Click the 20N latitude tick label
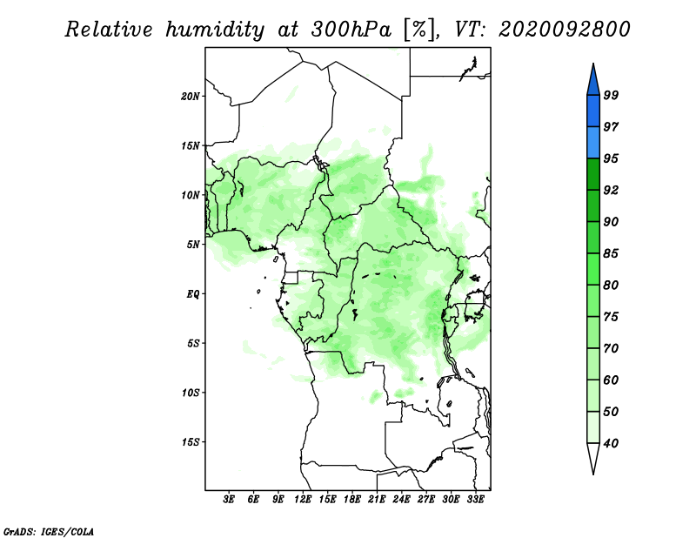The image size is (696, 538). (x=191, y=97)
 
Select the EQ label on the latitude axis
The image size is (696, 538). (x=192, y=294)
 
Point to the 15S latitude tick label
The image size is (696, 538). (x=191, y=442)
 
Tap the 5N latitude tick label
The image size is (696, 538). (x=193, y=245)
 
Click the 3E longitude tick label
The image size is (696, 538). (x=228, y=500)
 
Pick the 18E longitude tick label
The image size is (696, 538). (x=352, y=500)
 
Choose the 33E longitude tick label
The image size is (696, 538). (x=475, y=500)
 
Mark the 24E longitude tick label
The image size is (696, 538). (x=401, y=500)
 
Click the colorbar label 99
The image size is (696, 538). (x=611, y=95)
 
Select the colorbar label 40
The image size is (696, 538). (x=611, y=443)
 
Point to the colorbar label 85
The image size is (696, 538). (x=611, y=253)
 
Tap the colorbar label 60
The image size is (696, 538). (x=611, y=380)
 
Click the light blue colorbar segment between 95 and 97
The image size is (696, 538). (x=593, y=143)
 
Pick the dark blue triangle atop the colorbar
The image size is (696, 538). (x=593, y=82)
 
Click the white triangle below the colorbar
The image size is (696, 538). (x=593, y=458)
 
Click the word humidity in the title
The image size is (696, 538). (x=215, y=30)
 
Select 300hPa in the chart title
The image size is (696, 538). (x=351, y=30)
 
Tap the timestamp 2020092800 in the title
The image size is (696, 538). (x=564, y=30)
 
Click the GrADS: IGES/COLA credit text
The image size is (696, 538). (x=49, y=531)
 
